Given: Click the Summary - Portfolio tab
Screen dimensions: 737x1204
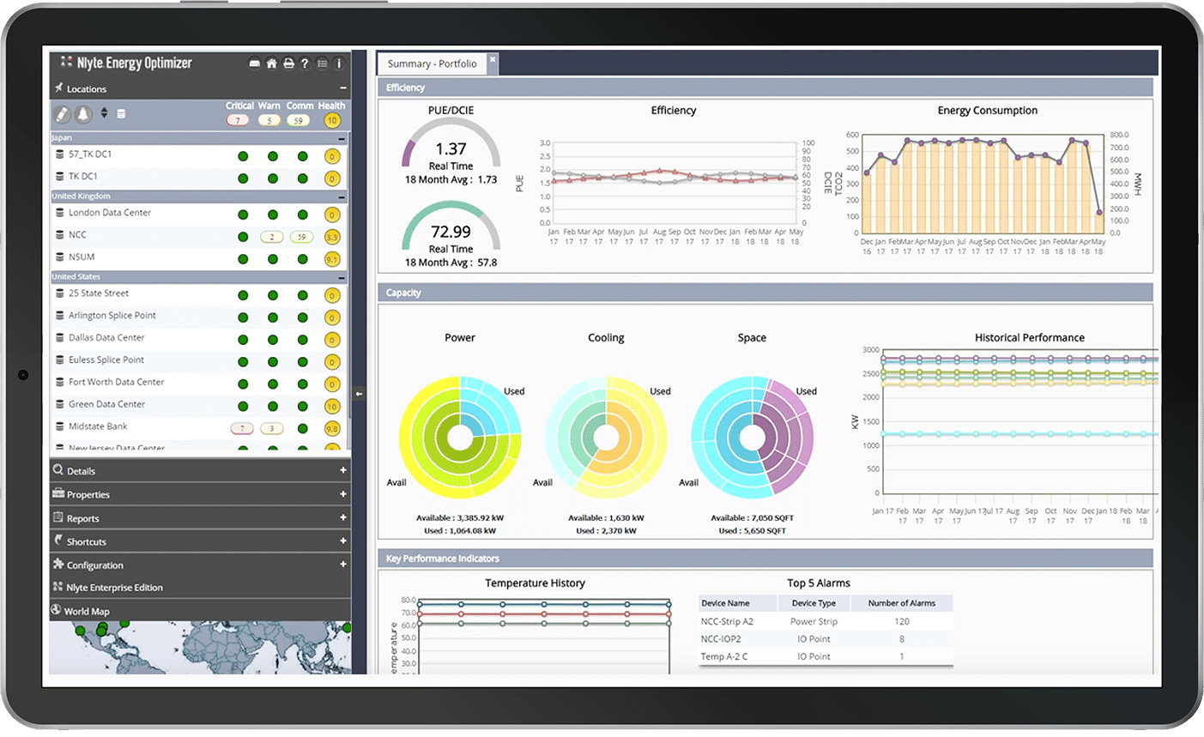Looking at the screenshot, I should point(432,63).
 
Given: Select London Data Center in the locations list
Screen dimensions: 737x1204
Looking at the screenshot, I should point(109,213).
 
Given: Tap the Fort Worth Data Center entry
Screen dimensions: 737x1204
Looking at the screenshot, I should point(116,382).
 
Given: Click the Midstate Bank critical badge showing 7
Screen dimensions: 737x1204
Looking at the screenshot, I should point(242,428).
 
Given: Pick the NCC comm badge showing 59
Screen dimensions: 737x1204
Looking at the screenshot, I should point(300,237).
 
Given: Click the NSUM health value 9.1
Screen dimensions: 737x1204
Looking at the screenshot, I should point(332,259).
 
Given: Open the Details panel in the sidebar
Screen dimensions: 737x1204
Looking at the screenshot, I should point(81,471).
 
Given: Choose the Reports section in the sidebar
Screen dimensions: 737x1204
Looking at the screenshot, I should point(82,518).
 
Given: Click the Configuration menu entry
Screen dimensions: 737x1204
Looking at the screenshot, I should point(94,565).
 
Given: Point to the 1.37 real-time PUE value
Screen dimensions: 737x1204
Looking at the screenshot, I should point(451,148).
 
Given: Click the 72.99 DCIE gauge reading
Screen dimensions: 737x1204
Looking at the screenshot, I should point(451,232).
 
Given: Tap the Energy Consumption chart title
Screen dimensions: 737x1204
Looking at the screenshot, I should point(987,111).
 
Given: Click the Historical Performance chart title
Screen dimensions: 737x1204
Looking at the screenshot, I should point(1029,338).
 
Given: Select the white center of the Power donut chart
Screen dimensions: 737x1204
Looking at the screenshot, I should point(460,438).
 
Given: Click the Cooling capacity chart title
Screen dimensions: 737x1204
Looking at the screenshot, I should point(606,338).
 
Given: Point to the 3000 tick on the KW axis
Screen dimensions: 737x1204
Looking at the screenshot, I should point(870,350).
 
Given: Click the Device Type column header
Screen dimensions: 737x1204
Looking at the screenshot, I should point(813,603).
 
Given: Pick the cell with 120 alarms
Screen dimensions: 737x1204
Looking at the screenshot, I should point(901,621).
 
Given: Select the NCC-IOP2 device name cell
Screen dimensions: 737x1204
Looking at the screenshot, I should point(720,639).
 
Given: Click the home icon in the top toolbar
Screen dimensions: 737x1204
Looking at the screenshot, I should point(271,63).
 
